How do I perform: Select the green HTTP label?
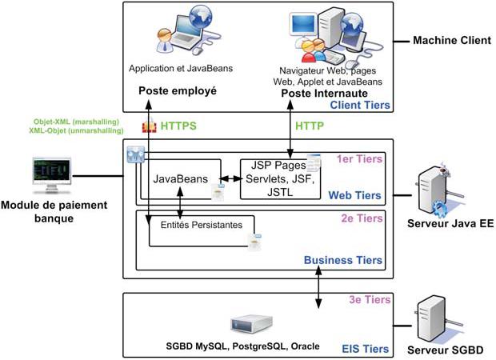pyautogui.click(x=309, y=126)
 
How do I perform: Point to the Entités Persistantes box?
pyautogui.click(x=202, y=226)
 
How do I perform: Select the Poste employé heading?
pyautogui.click(x=178, y=91)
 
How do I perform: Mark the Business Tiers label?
pyautogui.click(x=346, y=260)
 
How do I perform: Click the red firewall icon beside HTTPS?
pyautogui.click(x=148, y=126)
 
